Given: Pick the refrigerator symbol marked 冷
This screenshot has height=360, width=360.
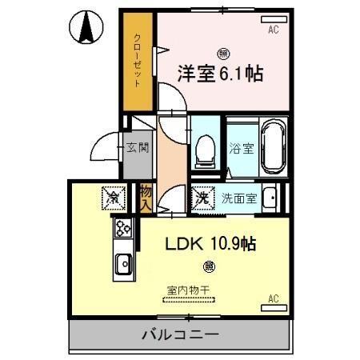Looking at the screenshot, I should click(x=114, y=194).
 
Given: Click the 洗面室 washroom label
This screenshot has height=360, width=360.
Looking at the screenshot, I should click(x=239, y=198).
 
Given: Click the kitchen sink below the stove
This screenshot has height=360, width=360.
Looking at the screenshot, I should click(x=123, y=262).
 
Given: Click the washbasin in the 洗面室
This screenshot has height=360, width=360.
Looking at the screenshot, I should click(x=272, y=196).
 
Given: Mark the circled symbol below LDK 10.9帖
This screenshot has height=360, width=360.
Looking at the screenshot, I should click(x=208, y=266).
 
